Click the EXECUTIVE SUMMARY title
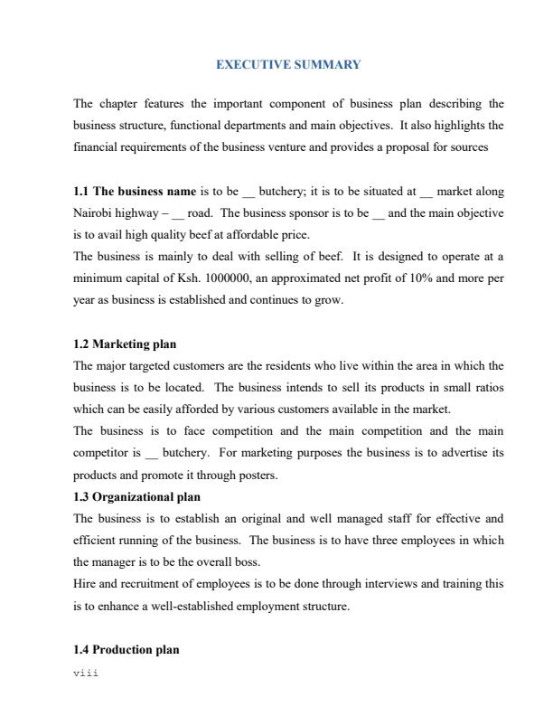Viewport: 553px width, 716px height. click(288, 65)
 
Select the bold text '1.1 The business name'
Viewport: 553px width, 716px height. click(135, 192)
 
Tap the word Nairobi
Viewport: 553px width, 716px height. click(93, 212)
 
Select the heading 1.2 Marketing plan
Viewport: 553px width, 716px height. click(125, 344)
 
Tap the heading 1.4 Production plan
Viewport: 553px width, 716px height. click(126, 649)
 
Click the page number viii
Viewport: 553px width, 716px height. click(85, 673)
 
